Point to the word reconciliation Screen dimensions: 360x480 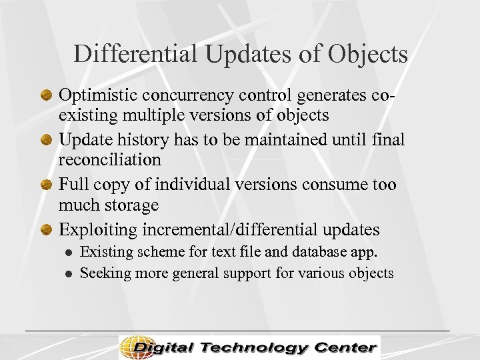(x=110, y=160)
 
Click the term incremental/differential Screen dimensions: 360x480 (x=241, y=230)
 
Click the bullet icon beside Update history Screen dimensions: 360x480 (x=47, y=140)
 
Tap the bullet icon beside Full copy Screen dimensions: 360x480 (x=47, y=185)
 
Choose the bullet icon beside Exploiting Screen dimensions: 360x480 (x=47, y=231)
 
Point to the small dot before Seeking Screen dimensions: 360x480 (x=67, y=273)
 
